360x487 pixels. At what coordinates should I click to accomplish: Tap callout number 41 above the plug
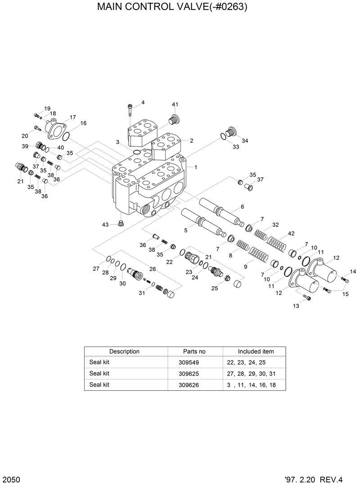(x=175, y=104)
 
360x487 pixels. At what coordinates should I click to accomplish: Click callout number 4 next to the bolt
(x=143, y=103)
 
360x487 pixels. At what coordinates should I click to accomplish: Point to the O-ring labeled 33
(x=224, y=136)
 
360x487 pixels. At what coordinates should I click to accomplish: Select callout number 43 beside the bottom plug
(x=105, y=224)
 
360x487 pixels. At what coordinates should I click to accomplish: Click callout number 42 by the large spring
(x=291, y=234)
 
